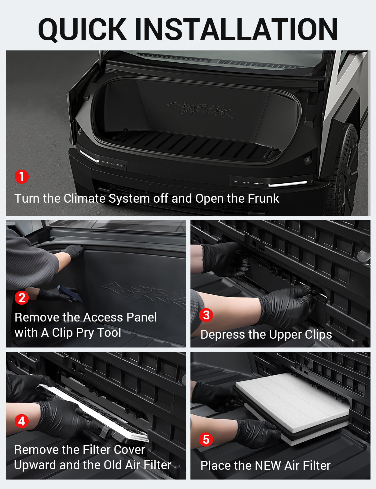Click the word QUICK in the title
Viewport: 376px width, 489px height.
click(x=82, y=29)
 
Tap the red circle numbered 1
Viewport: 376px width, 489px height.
click(x=22, y=177)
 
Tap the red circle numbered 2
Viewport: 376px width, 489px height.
click(x=22, y=298)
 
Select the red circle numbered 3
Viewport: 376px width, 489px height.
click(x=206, y=315)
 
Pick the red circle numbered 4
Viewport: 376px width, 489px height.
click(x=22, y=421)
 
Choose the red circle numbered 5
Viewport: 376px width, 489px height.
click(x=206, y=439)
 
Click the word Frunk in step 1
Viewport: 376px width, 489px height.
click(x=263, y=199)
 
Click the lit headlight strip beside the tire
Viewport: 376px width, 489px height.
click(x=287, y=184)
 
